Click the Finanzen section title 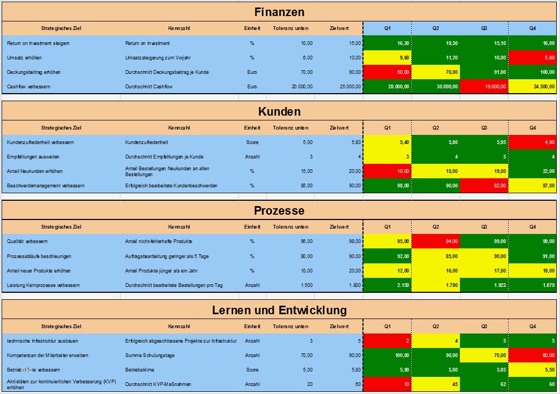[279, 12]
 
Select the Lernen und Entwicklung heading [279, 310]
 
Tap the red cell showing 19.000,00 [484, 86]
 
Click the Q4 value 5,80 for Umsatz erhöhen [533, 57]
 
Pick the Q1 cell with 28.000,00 [388, 86]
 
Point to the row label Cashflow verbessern [29, 86]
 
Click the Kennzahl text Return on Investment [148, 43]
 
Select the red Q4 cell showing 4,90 [533, 142]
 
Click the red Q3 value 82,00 [484, 186]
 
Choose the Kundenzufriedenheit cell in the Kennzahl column [147, 142]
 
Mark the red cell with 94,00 [436, 241]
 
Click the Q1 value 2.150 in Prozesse [388, 285]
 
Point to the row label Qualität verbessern [28, 241]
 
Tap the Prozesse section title [279, 211]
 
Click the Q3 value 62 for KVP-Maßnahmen [484, 384]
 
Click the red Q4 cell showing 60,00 [533, 355]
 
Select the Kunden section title [279, 111]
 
